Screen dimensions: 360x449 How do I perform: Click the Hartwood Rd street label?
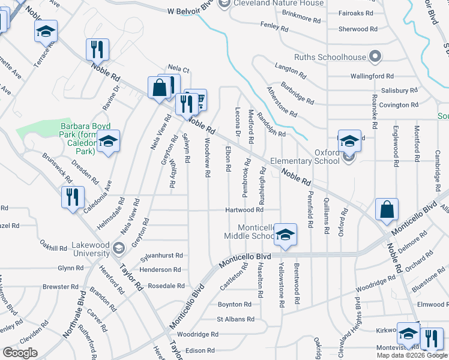[244, 210]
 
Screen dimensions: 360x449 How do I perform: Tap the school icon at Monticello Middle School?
[286, 234]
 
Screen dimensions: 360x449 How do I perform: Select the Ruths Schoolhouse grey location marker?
[376, 58]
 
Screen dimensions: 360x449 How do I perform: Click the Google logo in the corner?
[20, 353]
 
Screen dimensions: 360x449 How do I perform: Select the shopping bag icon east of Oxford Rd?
[387, 209]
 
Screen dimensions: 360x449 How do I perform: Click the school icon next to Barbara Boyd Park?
[108, 142]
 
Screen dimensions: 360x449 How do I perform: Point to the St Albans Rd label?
[231, 319]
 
